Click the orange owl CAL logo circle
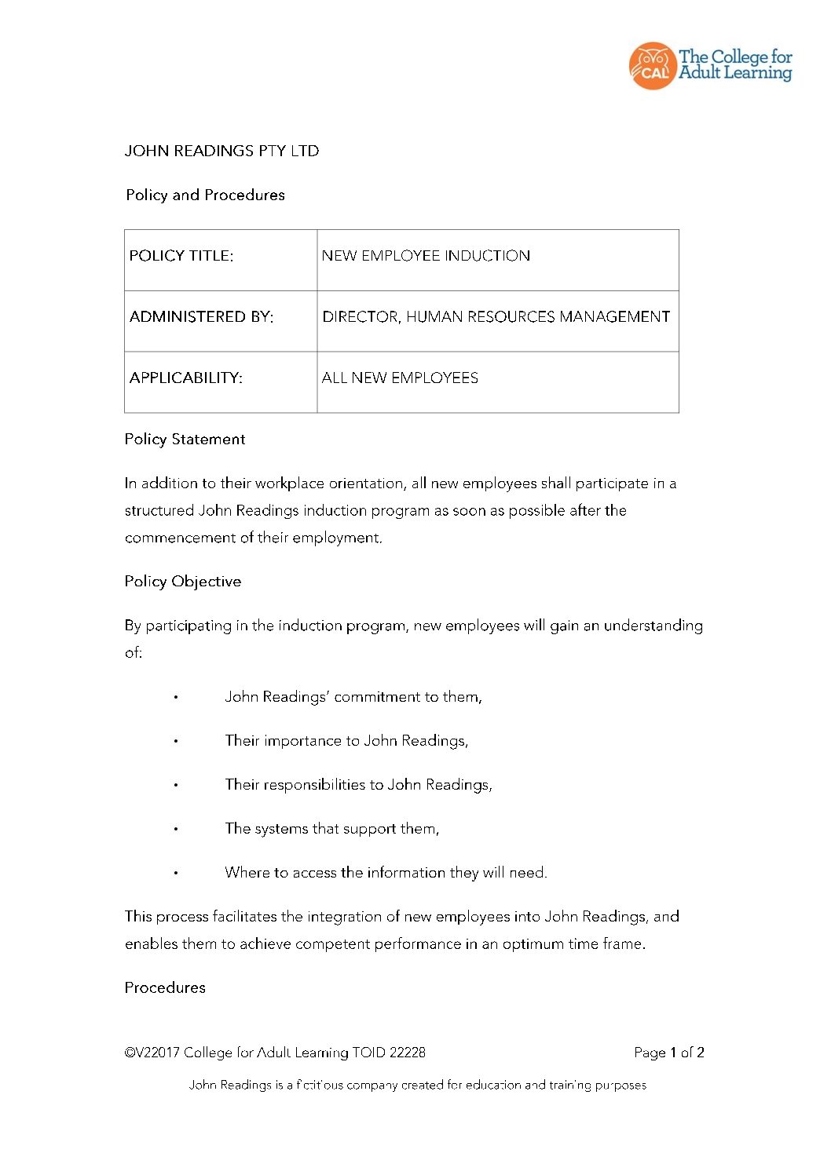click(652, 66)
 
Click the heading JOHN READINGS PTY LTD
click(221, 151)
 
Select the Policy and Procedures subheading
click(205, 195)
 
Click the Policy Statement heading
click(185, 440)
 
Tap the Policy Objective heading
click(183, 582)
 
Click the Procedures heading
click(165, 988)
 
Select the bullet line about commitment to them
click(353, 697)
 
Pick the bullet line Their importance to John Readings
click(346, 741)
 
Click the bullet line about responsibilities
click(358, 785)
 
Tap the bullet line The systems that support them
click(331, 829)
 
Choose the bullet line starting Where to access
click(386, 873)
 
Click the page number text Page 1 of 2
click(668, 1053)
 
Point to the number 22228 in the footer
click(407, 1053)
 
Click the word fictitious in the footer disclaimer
click(320, 1086)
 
